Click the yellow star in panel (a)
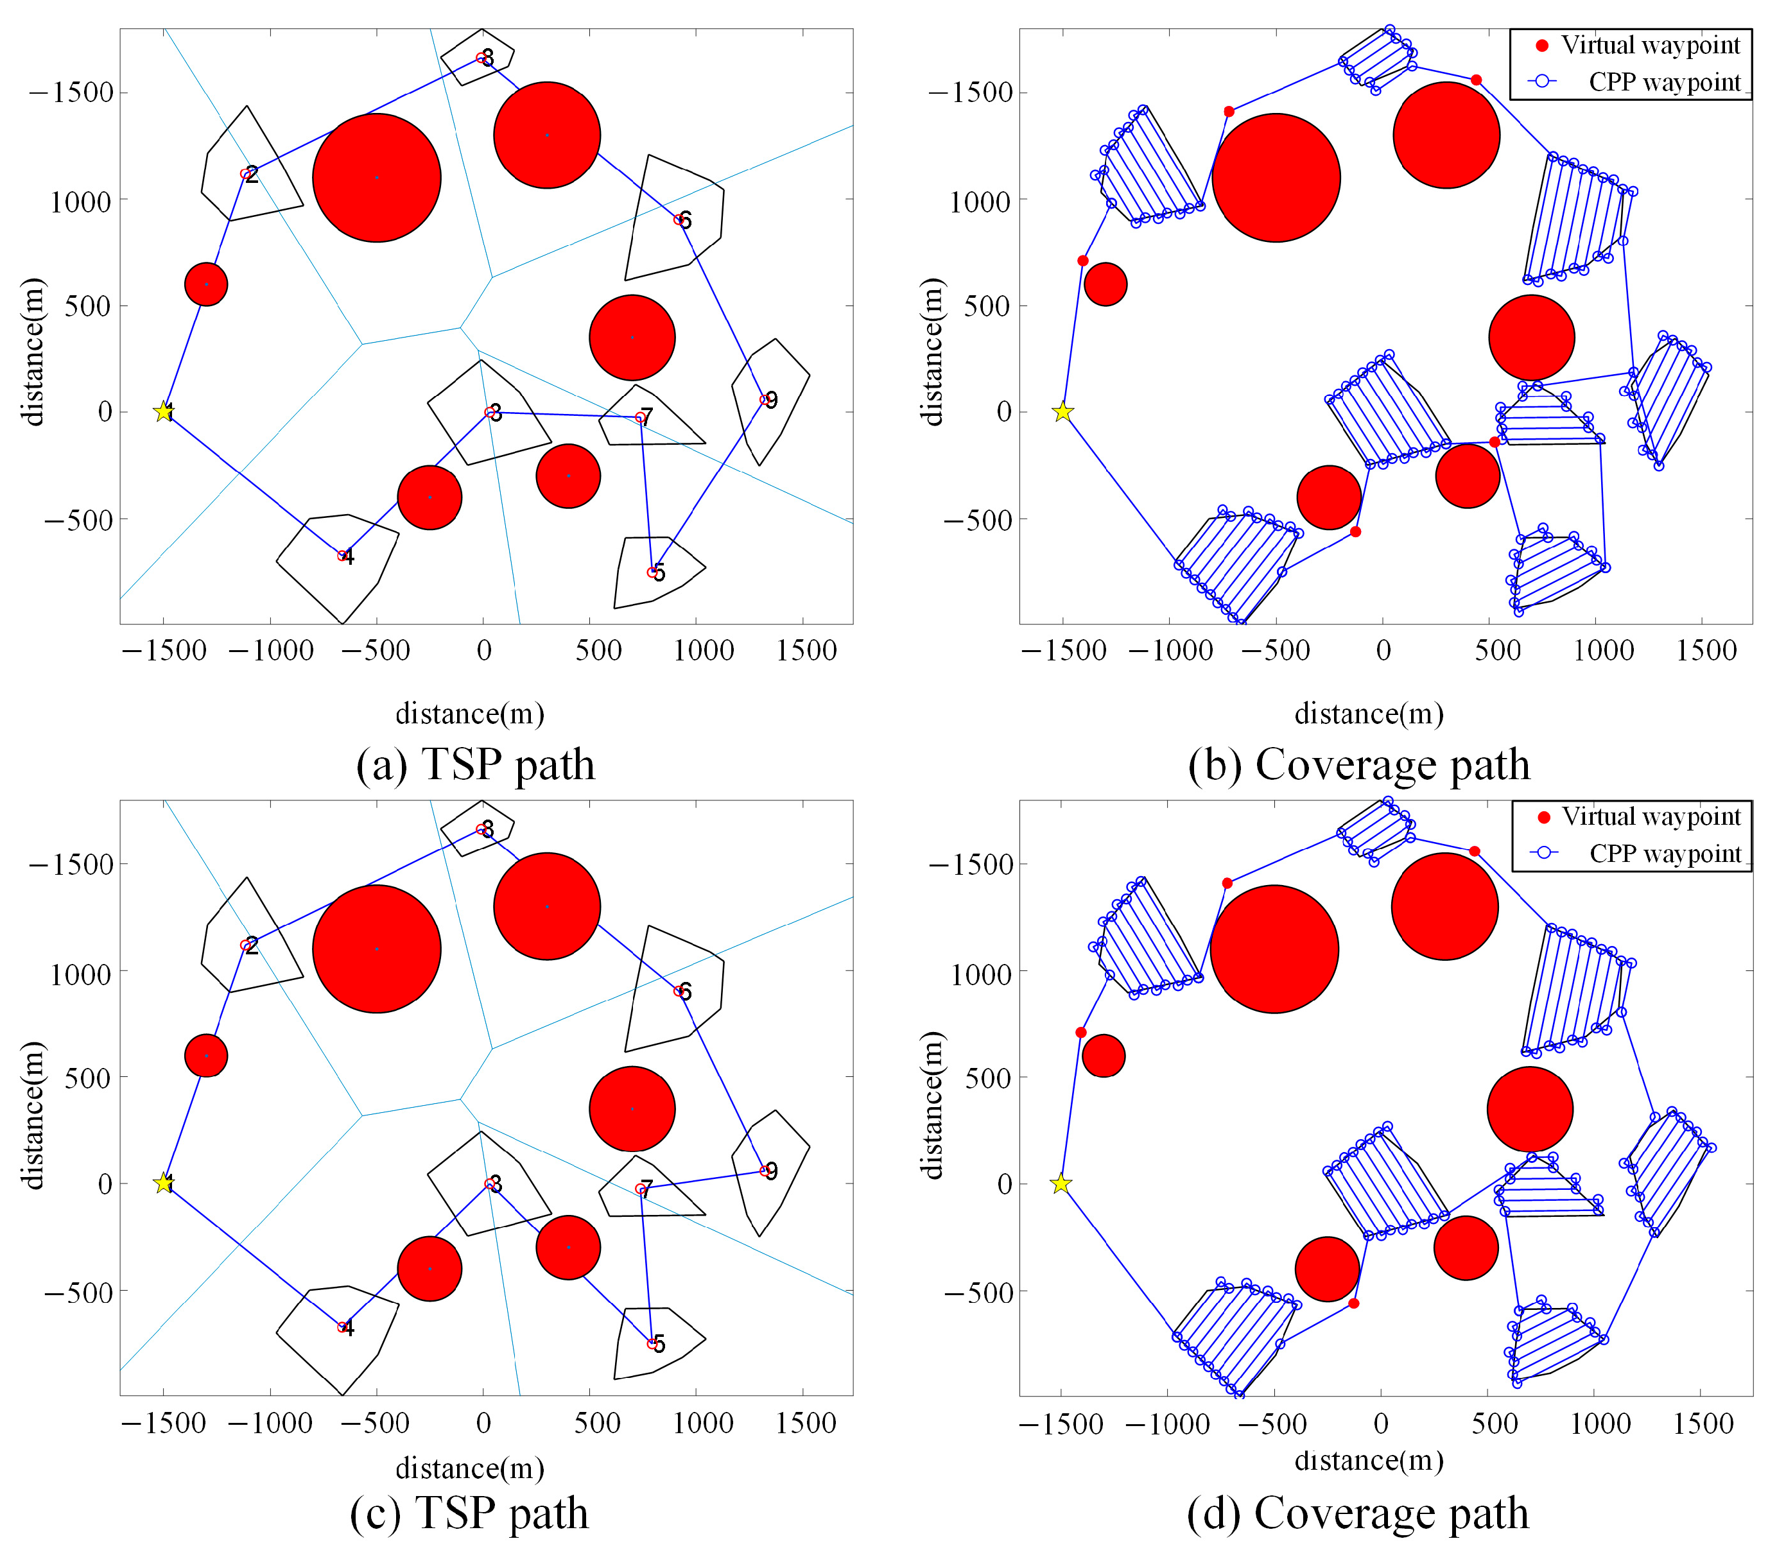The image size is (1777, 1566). tap(164, 412)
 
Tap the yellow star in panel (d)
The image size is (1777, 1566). tap(1060, 1183)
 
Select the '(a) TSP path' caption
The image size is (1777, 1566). tap(476, 766)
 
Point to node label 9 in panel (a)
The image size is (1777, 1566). tap(770, 400)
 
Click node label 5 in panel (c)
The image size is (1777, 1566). tap(659, 1345)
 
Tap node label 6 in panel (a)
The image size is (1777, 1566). tap(685, 221)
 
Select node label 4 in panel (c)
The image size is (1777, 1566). tap(348, 1328)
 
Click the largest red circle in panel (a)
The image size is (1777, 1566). tap(376, 177)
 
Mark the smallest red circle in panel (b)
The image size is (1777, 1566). tap(1106, 284)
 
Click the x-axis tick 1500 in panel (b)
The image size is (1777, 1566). tap(1706, 650)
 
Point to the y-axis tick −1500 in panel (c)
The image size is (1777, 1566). tap(71, 865)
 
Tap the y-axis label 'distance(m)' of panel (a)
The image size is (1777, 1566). tap(33, 352)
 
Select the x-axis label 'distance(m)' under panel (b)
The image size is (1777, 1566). tap(1369, 714)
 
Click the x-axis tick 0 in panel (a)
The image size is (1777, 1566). tap(483, 650)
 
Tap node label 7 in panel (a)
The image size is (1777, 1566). tap(645, 417)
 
